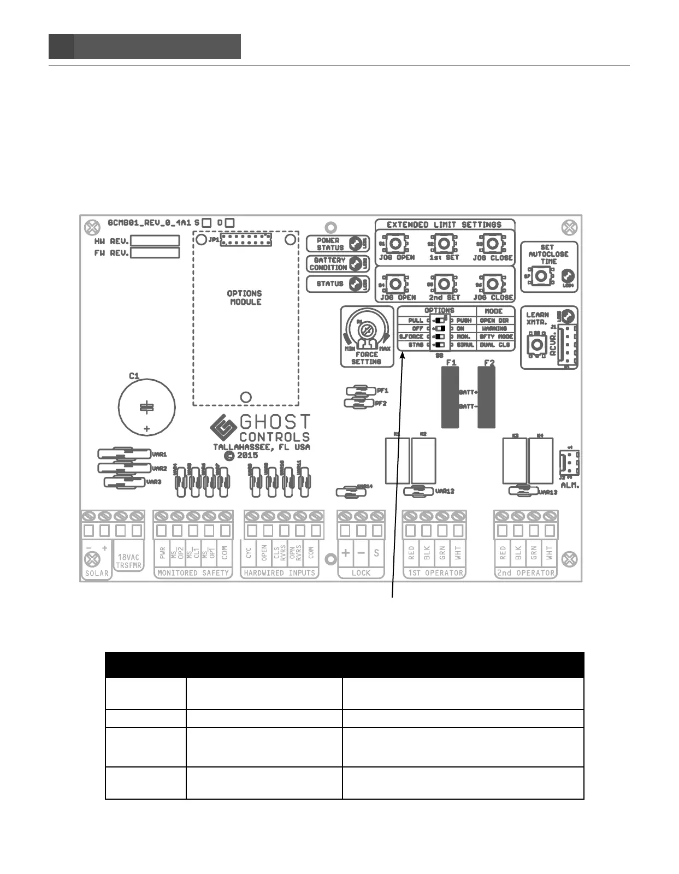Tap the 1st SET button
point(444,243)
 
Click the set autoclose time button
point(541,276)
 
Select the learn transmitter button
point(537,344)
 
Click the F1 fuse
point(450,397)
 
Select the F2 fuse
point(487,397)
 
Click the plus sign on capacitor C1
point(146,429)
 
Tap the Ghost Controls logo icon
point(223,428)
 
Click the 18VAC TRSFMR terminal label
point(128,562)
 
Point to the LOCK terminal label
point(361,573)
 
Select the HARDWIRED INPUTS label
point(280,573)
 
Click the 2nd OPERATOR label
point(526,573)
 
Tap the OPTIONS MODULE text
point(245,298)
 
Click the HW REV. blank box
point(155,241)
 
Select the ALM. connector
point(569,464)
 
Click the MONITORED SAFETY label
point(193,573)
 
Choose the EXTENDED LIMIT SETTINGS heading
point(444,225)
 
